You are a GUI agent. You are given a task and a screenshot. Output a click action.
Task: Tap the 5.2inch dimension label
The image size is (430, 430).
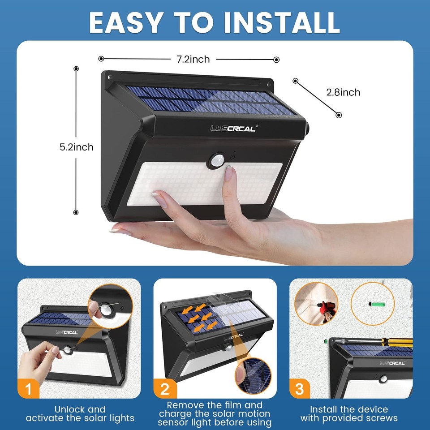pyautogui.click(x=77, y=147)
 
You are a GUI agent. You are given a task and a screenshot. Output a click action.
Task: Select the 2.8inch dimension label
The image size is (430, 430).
pyautogui.click(x=343, y=92)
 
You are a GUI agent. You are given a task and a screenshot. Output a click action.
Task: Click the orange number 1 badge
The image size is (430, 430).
pyautogui.click(x=29, y=389)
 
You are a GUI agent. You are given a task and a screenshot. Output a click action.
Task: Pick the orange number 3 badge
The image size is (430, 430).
pyautogui.click(x=300, y=389)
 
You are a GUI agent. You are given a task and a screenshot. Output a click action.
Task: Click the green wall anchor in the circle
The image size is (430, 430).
pyautogui.click(x=377, y=303)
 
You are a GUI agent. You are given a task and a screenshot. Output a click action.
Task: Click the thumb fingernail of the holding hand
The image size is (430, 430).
pyautogui.click(x=159, y=198)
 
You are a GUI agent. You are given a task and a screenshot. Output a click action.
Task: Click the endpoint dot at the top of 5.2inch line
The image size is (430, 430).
pyautogui.click(x=76, y=69)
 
